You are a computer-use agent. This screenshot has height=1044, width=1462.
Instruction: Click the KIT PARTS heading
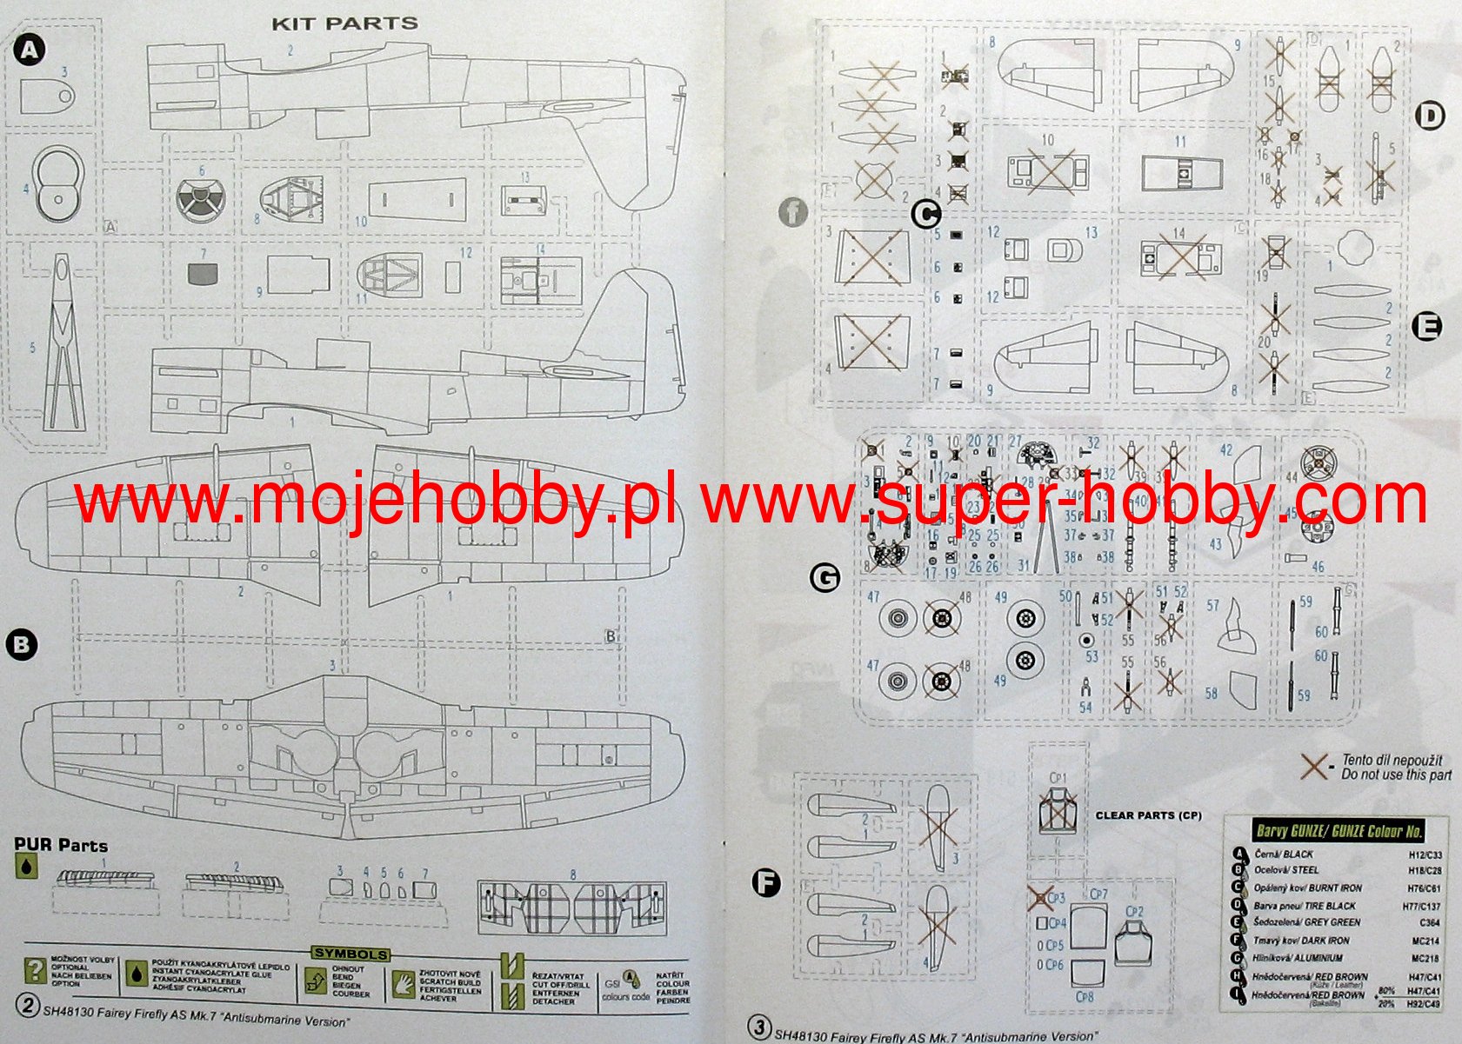pyautogui.click(x=345, y=23)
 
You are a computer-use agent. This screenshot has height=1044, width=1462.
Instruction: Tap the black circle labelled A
pyautogui.click(x=30, y=50)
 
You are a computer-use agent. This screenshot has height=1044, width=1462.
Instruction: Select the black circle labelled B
pyautogui.click(x=22, y=645)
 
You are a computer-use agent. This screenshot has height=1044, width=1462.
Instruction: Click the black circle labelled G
pyautogui.click(x=824, y=577)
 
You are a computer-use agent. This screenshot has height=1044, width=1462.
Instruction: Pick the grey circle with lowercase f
pyautogui.click(x=793, y=211)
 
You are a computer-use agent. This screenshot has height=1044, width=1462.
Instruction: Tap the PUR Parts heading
pyautogui.click(x=61, y=845)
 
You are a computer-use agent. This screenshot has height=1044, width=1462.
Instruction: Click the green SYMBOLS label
pyautogui.click(x=350, y=954)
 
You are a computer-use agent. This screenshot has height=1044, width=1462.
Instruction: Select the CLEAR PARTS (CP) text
pyautogui.click(x=1148, y=815)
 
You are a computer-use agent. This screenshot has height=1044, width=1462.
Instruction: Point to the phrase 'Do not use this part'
pyautogui.click(x=1396, y=775)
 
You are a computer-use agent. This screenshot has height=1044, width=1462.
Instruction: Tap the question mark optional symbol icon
pyautogui.click(x=35, y=971)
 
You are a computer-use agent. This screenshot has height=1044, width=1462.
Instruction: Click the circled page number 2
pyautogui.click(x=28, y=1006)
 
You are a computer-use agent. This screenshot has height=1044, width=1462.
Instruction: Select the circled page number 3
pyautogui.click(x=759, y=1027)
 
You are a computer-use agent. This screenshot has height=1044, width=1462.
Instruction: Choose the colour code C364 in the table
pyautogui.click(x=1429, y=922)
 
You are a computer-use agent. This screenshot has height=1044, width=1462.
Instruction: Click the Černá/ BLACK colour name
pyautogui.click(x=1283, y=854)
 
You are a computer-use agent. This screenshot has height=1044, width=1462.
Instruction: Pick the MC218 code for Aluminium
pyautogui.click(x=1425, y=958)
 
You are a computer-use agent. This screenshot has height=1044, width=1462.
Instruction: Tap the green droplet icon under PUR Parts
pyautogui.click(x=28, y=866)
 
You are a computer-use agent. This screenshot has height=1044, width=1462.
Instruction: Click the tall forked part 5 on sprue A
pyautogui.click(x=63, y=343)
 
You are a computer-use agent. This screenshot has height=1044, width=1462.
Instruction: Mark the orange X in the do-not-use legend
pyautogui.click(x=1315, y=766)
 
